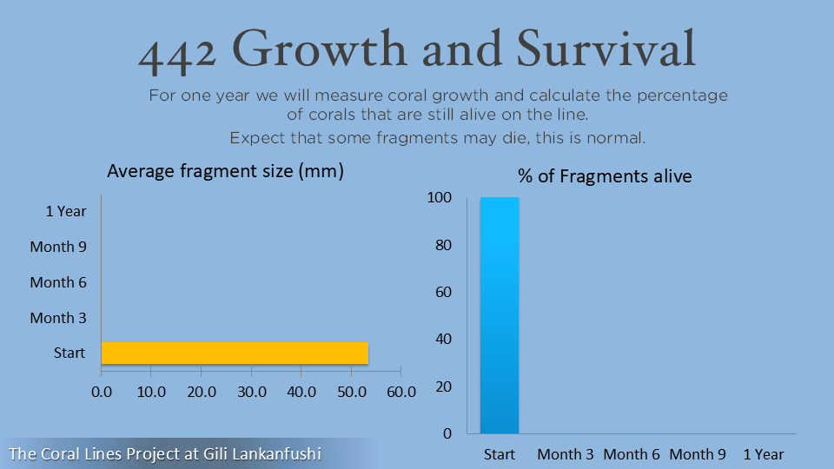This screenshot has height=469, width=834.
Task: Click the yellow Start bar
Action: tap(235, 353)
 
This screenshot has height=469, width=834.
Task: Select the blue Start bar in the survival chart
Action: tap(500, 315)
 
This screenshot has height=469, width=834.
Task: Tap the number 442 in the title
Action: tap(177, 56)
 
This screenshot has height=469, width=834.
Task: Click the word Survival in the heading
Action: tap(606, 49)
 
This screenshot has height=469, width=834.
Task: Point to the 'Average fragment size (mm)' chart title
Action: tap(226, 171)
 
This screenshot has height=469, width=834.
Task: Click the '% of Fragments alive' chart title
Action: tap(605, 176)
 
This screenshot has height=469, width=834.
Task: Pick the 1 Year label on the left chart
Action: tap(66, 211)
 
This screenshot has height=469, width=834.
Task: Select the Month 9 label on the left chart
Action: tap(58, 247)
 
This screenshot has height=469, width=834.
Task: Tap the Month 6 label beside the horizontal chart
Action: tap(58, 282)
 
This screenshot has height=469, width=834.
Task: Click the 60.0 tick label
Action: tap(401, 392)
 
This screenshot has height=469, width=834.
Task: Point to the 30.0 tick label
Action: tap(252, 392)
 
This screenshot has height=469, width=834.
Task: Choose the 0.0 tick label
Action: tap(102, 392)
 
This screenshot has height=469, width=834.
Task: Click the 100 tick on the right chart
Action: tap(440, 197)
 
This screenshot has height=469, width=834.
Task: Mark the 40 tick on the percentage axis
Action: tap(444, 339)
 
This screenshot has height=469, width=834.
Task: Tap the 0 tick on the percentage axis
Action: tap(447, 433)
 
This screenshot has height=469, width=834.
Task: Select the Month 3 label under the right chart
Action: tap(566, 454)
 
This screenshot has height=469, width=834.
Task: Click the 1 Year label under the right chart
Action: tap(764, 454)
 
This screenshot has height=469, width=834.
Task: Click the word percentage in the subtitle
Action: tap(683, 96)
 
